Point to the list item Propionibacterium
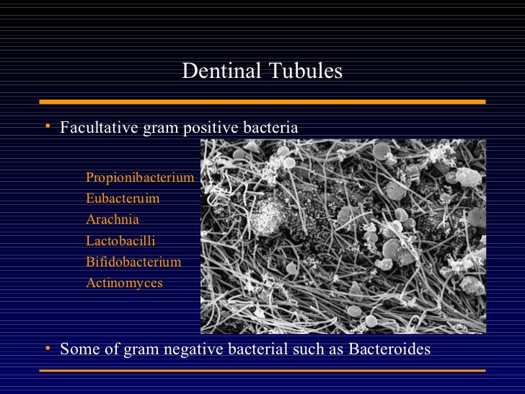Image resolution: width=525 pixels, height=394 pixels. point(140,178)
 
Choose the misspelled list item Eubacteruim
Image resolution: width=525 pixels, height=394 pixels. point(123,198)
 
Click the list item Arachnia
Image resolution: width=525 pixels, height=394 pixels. point(112,219)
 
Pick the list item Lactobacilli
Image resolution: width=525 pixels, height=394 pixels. point(120,240)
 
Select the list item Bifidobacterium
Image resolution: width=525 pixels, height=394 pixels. point(133,262)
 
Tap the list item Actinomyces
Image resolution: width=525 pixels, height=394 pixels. point(125,283)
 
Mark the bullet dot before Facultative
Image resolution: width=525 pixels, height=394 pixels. point(46,128)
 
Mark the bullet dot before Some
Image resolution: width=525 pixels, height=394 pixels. point(46,349)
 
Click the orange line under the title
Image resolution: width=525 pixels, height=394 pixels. point(262,102)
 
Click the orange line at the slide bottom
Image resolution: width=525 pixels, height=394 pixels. point(262,370)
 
